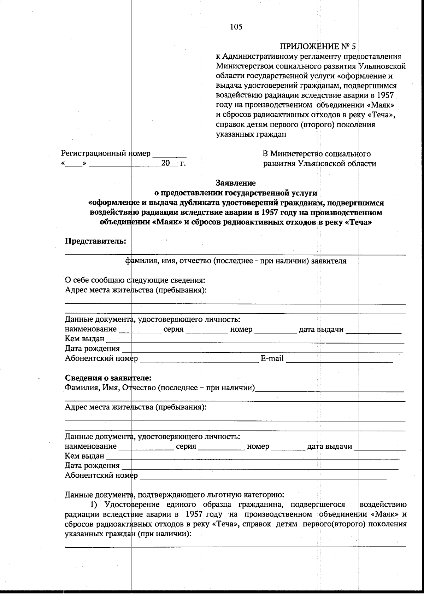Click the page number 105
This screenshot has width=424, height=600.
[x=236, y=27]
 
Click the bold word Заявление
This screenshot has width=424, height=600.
[x=236, y=183]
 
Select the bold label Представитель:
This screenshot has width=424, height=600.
[x=95, y=241]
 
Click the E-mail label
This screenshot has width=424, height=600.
[x=272, y=359]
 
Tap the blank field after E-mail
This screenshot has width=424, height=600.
[x=339, y=360]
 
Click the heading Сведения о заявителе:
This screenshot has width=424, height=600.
[x=108, y=378]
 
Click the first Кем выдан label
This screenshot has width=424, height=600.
[x=84, y=339]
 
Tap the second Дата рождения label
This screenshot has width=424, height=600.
[x=92, y=466]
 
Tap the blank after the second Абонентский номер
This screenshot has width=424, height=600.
[x=263, y=476]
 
